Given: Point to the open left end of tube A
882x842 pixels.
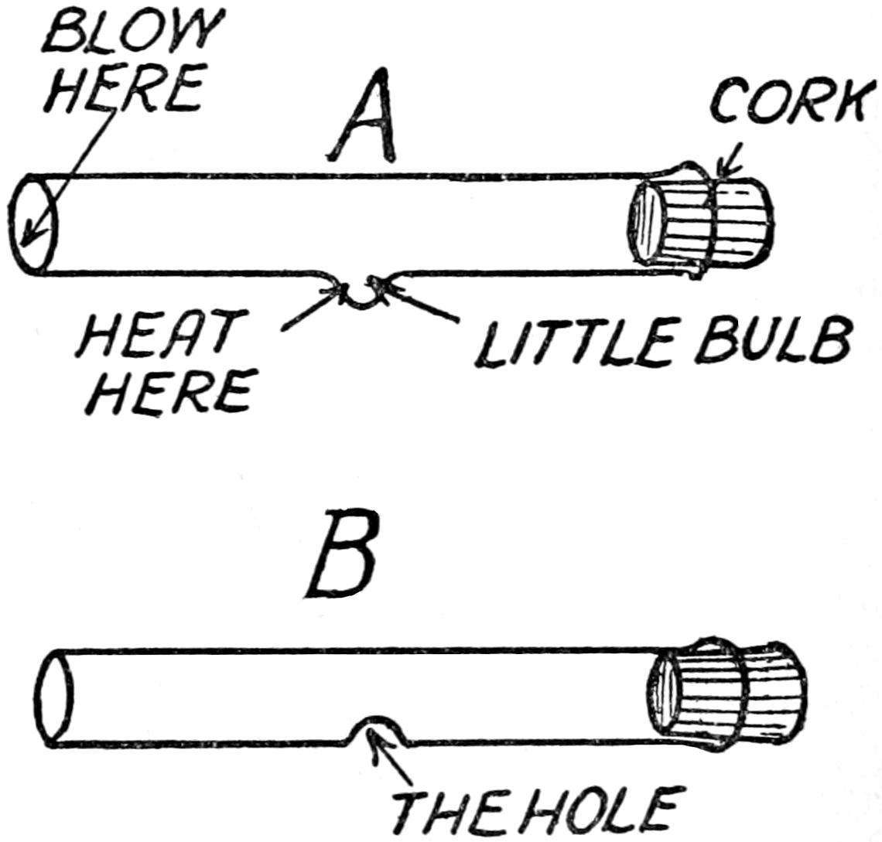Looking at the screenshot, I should pyautogui.click(x=34, y=223).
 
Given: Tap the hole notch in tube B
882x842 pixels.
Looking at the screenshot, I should pyautogui.click(x=376, y=728).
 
